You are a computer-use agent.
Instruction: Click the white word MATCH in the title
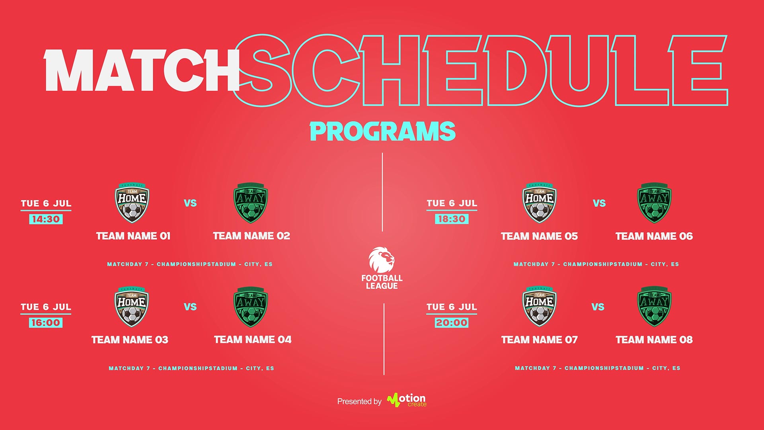pos(142,70)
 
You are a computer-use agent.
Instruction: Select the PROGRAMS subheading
pos(382,131)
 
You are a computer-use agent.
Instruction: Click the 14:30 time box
pos(46,219)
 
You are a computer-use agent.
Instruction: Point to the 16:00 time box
pos(46,322)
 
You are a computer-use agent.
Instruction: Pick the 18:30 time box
pos(452,219)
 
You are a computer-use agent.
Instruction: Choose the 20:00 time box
pos(452,322)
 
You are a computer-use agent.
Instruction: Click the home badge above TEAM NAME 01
pos(132,203)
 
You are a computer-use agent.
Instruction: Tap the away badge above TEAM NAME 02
pos(251,203)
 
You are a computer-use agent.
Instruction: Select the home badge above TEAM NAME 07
pos(539,306)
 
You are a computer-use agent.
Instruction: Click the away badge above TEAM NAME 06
pos(655,203)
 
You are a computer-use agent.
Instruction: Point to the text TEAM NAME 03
pos(130,340)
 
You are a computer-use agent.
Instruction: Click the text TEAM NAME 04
pos(253,340)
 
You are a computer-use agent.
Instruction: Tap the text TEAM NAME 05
pos(539,236)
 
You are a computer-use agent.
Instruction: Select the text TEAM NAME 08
pos(654,340)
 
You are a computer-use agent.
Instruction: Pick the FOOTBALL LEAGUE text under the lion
pos(382,282)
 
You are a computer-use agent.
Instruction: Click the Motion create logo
pos(407,400)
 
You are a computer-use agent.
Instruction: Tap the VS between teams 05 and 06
pos(599,203)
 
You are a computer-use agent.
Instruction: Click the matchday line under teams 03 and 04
pos(191,368)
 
